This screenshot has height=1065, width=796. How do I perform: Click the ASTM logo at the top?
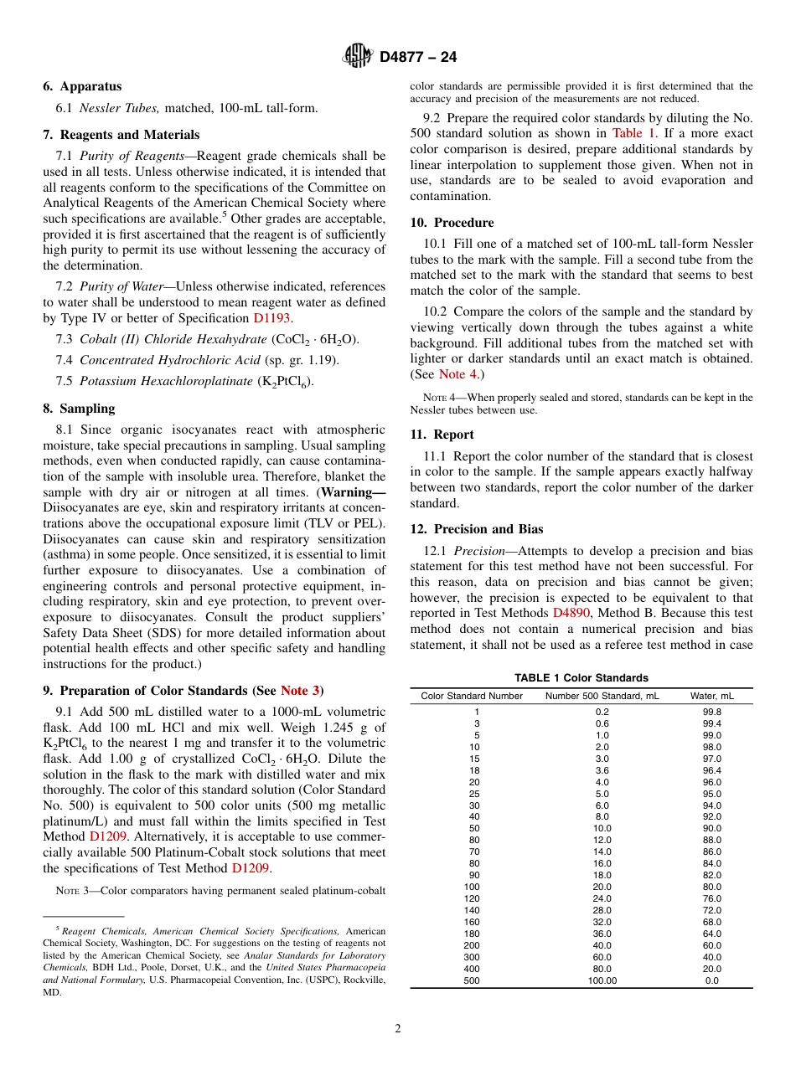pyautogui.click(x=359, y=57)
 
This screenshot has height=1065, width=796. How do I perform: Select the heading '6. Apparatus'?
pyautogui.click(x=82, y=86)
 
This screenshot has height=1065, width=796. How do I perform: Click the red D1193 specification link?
pyautogui.click(x=272, y=318)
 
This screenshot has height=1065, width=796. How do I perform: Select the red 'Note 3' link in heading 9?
pyautogui.click(x=300, y=691)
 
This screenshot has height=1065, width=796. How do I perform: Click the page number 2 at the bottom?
pyautogui.click(x=398, y=1029)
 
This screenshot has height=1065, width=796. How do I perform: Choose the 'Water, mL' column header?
pyautogui.click(x=711, y=696)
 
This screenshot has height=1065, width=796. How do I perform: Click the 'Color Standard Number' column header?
pyautogui.click(x=472, y=696)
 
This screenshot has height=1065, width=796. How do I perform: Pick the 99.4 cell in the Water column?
pyautogui.click(x=711, y=723)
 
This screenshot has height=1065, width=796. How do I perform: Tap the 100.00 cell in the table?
pyautogui.click(x=602, y=980)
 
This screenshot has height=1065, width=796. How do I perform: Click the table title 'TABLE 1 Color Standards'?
pyautogui.click(x=581, y=678)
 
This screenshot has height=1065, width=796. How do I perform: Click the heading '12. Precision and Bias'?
pyautogui.click(x=476, y=529)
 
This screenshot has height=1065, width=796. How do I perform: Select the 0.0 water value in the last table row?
pyautogui.click(x=711, y=980)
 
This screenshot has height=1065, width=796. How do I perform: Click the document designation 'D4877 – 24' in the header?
pyautogui.click(x=418, y=58)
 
